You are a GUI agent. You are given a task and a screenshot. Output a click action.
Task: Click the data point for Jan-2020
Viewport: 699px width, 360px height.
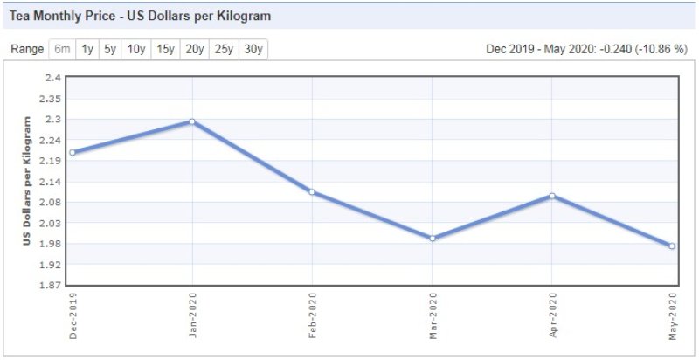(192, 121)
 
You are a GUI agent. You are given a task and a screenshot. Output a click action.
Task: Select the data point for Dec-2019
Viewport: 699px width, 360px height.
(73, 152)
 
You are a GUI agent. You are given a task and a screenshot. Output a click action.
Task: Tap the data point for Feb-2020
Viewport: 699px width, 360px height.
(312, 192)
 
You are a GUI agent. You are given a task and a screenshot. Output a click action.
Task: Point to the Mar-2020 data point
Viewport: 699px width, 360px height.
(432, 238)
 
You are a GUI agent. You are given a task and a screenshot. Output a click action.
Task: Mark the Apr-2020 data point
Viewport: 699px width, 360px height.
(551, 196)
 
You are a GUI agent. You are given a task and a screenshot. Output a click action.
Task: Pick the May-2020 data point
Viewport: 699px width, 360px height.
(671, 246)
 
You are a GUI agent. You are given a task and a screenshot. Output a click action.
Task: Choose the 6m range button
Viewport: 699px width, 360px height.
(62, 49)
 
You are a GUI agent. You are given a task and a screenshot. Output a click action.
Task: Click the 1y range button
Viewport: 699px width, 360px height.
(87, 49)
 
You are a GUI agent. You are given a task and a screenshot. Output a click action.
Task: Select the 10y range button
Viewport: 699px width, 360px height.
(135, 49)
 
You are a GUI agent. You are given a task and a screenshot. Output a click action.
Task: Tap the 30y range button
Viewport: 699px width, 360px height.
(253, 49)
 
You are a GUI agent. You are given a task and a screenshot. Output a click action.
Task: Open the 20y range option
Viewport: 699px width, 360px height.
(194, 49)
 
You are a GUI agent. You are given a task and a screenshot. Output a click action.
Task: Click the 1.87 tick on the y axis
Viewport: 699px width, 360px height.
(49, 286)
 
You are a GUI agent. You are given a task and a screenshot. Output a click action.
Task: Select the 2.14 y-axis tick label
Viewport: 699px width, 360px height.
(49, 182)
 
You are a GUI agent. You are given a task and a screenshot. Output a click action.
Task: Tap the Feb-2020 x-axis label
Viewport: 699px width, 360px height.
(312, 315)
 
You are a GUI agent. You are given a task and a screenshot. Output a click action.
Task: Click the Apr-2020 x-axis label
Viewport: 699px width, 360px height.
(551, 315)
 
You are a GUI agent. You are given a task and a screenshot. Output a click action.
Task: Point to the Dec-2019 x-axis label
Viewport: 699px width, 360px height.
(73, 315)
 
